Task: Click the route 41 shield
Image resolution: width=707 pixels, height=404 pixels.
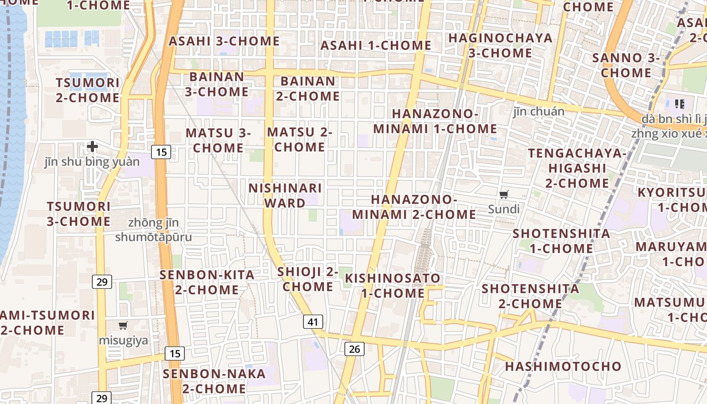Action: (313, 322)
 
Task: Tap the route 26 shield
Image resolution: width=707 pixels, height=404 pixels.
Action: (355, 349)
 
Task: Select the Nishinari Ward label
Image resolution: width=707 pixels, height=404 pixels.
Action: (285, 195)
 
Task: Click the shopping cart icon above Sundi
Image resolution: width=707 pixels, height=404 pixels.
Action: (503, 194)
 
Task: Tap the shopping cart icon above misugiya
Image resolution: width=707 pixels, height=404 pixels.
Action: (123, 326)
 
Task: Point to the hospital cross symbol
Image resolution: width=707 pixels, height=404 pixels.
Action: (92, 146)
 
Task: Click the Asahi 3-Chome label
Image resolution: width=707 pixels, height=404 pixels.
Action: (224, 41)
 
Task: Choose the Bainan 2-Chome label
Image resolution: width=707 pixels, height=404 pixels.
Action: (308, 88)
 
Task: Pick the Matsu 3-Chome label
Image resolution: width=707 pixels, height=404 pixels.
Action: (218, 140)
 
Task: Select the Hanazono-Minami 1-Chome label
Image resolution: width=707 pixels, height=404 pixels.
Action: (435, 121)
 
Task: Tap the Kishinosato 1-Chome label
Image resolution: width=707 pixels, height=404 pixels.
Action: (392, 285)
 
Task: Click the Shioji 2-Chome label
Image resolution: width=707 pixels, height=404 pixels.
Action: (308, 279)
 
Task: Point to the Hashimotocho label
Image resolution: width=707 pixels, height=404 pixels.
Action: (563, 366)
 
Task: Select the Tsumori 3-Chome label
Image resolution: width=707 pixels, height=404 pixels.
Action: (79, 214)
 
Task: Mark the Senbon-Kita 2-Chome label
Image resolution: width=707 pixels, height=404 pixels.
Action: (207, 282)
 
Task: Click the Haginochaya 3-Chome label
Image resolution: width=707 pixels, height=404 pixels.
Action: (500, 45)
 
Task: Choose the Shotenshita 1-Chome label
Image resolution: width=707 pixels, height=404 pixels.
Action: (561, 241)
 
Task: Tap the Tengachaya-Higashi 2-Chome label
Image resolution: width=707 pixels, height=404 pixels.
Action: (577, 168)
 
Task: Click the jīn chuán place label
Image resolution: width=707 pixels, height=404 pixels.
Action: (539, 111)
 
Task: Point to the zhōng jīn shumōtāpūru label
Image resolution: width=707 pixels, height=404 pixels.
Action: (154, 230)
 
